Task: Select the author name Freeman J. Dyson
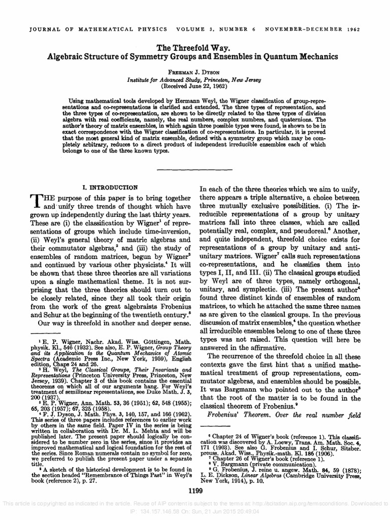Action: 194,71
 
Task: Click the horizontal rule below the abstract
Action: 194,169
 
